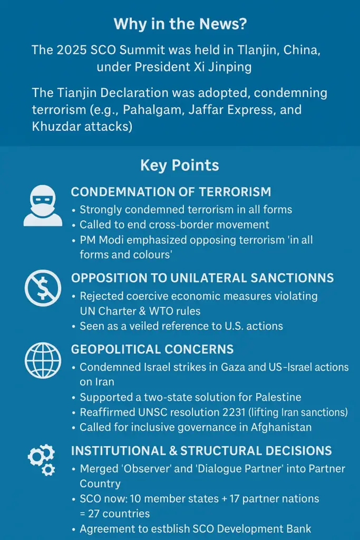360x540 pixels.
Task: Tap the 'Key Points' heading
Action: (x=180, y=165)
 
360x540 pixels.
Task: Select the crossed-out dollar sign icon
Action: (x=43, y=288)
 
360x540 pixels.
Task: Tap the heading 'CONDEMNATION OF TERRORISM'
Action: (x=171, y=192)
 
